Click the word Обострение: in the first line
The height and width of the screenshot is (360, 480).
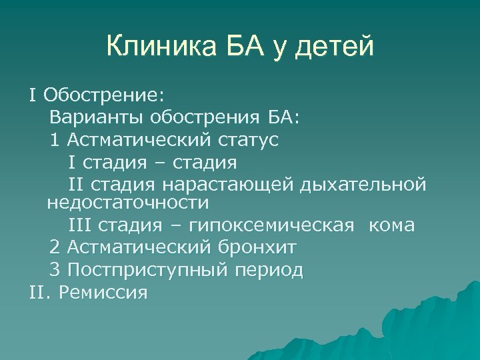(98, 96)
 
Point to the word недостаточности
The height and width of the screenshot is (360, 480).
(128, 201)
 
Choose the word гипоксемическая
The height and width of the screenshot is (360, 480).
(275, 225)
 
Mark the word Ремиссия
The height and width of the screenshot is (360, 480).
(103, 292)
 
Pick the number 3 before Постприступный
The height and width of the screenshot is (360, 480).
(54, 269)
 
